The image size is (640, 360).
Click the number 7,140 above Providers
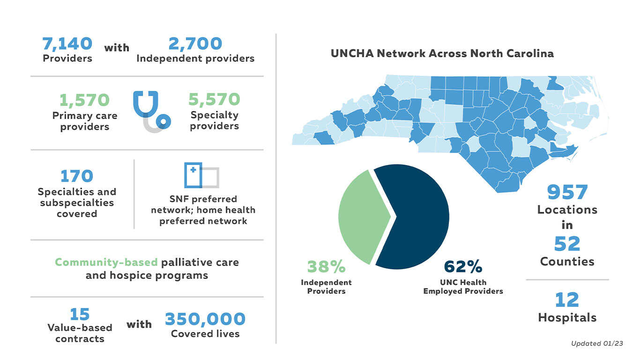pos(67,44)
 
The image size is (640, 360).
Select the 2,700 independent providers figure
pos(195,44)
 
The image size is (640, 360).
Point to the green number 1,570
pos(84,100)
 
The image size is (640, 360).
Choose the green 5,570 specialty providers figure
pos(214,99)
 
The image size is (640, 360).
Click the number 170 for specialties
pos(77,176)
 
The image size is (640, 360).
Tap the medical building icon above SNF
pos(201,175)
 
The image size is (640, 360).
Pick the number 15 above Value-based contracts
pos(79,314)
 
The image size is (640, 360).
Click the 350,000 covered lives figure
pos(205,319)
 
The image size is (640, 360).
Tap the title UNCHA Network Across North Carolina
pos(442,53)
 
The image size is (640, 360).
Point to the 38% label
pos(326,267)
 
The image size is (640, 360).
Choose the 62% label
pos(463,267)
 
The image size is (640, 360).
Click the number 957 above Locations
pos(567,192)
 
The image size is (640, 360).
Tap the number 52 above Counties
pos(567,244)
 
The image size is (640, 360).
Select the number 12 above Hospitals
pos(567,300)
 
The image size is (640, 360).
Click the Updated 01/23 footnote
pos(597,344)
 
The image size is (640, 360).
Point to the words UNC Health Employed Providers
pos(463,287)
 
